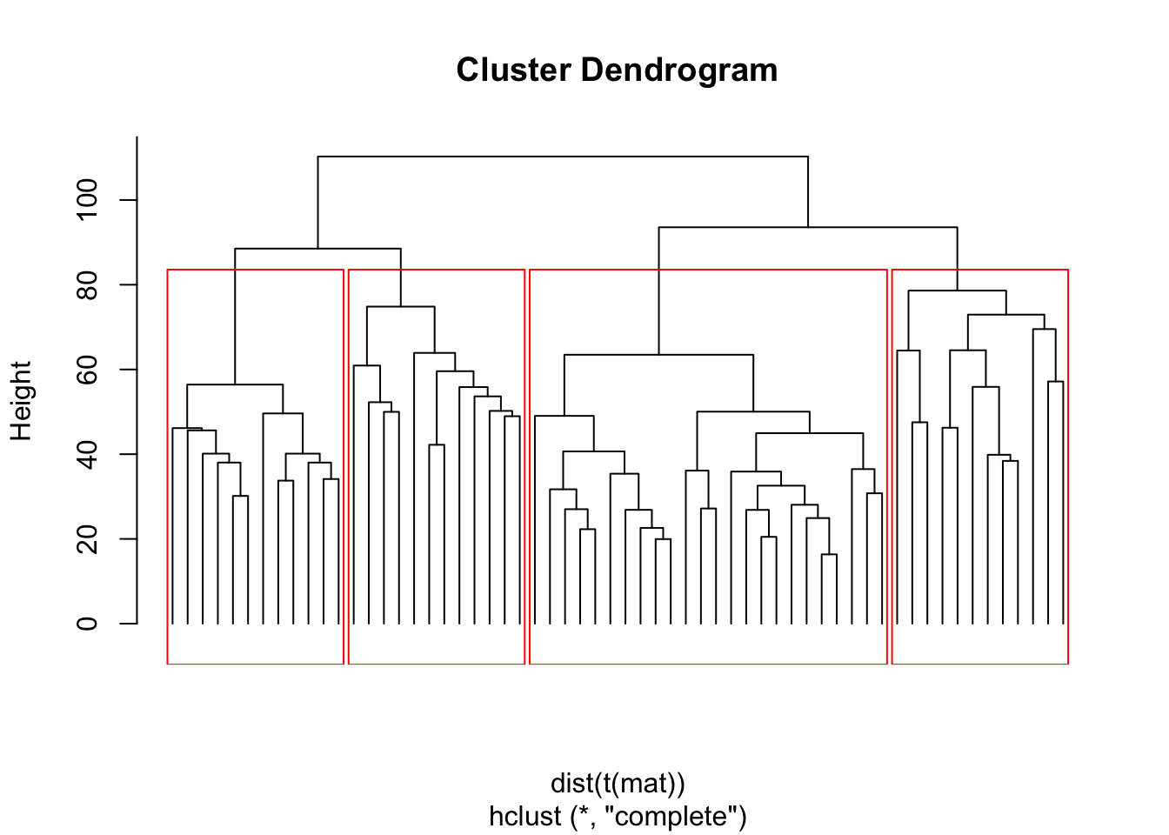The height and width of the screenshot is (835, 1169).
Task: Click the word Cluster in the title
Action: point(513,70)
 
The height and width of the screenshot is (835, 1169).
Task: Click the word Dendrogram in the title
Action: point(679,70)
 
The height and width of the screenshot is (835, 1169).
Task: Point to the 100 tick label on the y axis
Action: point(88,200)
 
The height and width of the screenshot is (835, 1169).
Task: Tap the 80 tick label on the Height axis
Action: point(88,284)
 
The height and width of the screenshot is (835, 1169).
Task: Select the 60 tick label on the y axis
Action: point(88,370)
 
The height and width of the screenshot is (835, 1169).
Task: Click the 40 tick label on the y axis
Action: point(88,454)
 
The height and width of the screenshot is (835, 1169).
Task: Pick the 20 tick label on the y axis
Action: point(88,539)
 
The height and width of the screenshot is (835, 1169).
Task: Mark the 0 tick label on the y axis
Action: point(88,624)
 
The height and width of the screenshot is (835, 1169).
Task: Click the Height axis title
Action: point(21,401)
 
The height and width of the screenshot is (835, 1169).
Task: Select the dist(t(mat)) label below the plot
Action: point(618,784)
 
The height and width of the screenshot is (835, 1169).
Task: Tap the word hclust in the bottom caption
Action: point(525,817)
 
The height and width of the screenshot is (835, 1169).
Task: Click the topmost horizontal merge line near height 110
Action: point(563,157)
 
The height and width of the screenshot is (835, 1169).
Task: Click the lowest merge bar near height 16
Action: point(829,555)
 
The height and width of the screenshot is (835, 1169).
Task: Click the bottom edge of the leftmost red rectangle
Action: point(255,664)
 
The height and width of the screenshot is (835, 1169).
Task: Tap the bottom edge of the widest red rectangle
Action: point(708,664)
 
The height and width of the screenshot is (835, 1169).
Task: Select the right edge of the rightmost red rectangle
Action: point(1068,470)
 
